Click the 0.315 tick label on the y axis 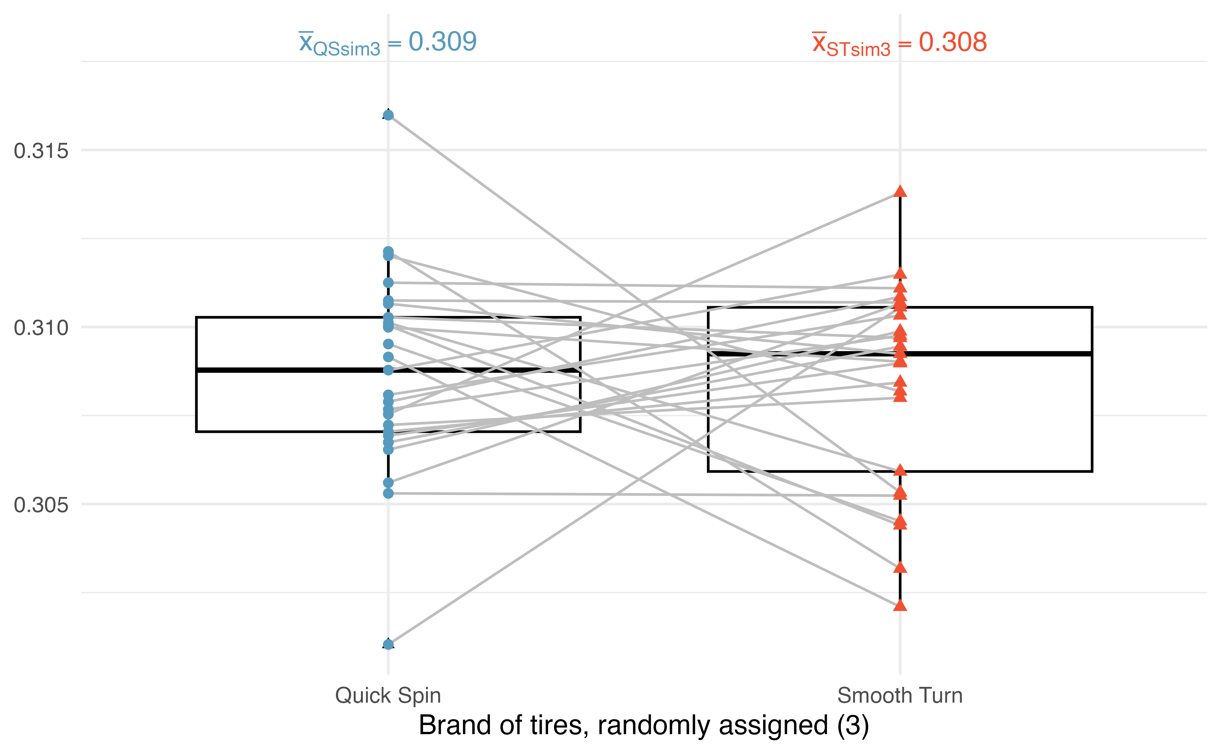click(x=41, y=150)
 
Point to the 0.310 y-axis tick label click(x=41, y=328)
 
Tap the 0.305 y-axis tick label click(x=41, y=505)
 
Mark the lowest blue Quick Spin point click(x=388, y=644)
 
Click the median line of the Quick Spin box click(x=388, y=370)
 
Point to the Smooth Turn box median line click(x=900, y=354)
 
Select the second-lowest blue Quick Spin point click(x=388, y=493)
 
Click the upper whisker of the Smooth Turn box click(x=900, y=249)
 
